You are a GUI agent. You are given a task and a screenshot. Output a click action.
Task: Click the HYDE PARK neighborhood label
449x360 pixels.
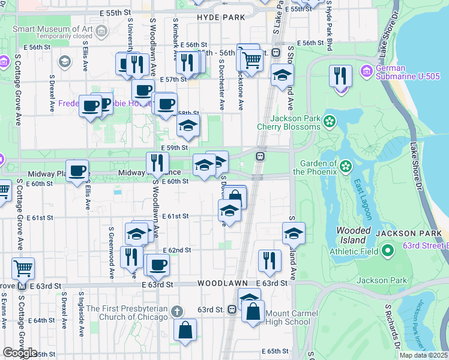[x=221, y=17]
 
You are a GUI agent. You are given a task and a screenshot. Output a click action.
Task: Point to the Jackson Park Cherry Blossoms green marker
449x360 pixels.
[x=329, y=122]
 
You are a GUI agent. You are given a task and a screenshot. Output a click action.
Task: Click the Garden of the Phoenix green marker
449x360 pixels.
[x=346, y=166]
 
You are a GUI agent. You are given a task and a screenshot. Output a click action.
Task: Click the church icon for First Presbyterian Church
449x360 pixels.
[x=176, y=312]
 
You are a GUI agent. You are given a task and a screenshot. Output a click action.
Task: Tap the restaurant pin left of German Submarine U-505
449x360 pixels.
[x=340, y=76]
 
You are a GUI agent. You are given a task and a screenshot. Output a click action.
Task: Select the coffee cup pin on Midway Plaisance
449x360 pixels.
[x=77, y=170]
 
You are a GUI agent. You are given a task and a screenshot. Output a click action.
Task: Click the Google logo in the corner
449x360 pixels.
[x=20, y=353]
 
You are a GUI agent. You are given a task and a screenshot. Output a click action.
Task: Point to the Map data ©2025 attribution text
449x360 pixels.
[x=423, y=355]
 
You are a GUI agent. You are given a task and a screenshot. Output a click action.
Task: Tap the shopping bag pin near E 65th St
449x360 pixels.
[x=185, y=329]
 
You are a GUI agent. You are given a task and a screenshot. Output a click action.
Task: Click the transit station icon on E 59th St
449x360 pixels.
[x=261, y=156]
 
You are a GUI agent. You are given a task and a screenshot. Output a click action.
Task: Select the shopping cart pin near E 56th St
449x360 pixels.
[x=252, y=59]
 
